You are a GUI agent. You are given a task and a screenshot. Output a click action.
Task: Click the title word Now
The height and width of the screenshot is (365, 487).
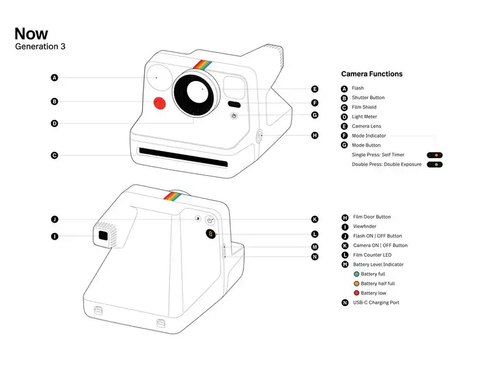pos(31,33)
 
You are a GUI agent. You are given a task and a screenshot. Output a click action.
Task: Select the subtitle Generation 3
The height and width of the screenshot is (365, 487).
pos(40,46)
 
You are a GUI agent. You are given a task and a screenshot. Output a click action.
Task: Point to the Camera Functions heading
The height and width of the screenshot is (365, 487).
pos(371,74)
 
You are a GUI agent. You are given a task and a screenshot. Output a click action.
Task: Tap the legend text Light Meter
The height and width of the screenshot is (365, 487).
pos(364,117)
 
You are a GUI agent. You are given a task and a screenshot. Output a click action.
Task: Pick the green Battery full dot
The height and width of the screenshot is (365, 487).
pos(356,274)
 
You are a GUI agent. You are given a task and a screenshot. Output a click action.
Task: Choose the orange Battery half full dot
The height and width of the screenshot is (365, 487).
pos(356,283)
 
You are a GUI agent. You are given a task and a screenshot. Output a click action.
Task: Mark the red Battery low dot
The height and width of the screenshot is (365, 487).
pos(356,293)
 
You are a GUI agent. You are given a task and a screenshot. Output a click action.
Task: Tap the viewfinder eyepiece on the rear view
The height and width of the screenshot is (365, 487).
pos(103,235)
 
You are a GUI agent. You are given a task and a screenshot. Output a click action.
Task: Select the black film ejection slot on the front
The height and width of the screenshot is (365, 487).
pos(183,156)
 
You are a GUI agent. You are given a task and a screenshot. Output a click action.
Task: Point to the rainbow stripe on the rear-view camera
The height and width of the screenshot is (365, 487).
pos(173,196)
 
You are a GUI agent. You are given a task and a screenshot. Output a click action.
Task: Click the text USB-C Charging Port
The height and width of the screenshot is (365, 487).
pos(376,303)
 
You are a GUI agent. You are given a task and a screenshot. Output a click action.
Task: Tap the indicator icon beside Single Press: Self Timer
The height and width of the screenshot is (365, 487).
pos(435,155)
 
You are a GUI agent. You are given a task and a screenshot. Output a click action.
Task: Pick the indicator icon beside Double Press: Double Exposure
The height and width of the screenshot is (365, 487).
pos(435,165)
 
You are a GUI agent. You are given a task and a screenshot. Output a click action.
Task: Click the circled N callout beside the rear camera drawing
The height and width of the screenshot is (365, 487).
pos(315,257)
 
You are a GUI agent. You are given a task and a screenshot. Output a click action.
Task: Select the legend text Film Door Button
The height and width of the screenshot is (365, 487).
pos(371,217)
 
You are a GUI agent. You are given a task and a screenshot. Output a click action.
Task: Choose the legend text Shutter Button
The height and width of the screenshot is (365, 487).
pos(368,98)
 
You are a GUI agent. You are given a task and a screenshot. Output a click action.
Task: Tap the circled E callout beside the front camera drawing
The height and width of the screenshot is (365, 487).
pos(315,89)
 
